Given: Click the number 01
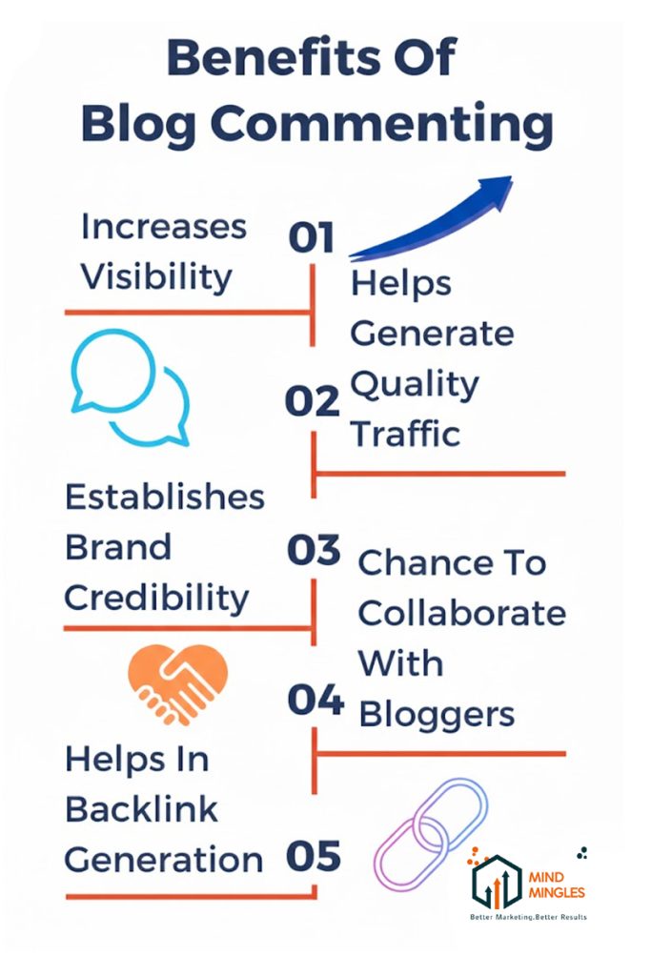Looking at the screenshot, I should (313, 237).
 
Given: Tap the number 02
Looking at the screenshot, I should (313, 402).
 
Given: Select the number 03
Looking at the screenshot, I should (314, 551).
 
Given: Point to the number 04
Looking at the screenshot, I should (315, 701).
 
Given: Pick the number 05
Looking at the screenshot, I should (314, 856).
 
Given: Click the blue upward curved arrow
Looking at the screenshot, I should (435, 216).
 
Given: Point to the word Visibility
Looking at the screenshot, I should (156, 276).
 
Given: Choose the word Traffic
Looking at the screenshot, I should (406, 434).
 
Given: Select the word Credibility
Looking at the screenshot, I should (156, 598).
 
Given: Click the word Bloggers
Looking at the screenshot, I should (437, 713).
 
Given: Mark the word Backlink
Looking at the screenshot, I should (142, 809).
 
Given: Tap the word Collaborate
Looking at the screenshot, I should (461, 613).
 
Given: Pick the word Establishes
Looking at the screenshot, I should (165, 497).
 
